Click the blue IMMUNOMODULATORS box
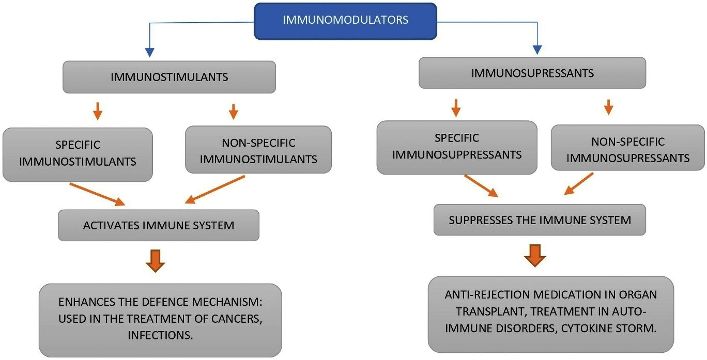click(x=345, y=21)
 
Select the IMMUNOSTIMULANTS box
click(x=169, y=77)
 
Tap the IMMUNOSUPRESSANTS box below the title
click(x=532, y=73)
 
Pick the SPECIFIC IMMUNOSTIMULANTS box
click(x=78, y=153)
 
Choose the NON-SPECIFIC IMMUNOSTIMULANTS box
click(x=258, y=150)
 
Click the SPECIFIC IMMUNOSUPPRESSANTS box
click(x=456, y=147)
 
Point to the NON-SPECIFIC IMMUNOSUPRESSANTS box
click(x=627, y=150)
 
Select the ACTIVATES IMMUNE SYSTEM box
click(x=158, y=225)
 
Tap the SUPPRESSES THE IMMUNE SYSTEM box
click(x=539, y=220)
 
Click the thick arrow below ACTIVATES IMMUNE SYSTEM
click(x=155, y=260)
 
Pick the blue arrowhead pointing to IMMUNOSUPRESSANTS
click(x=537, y=50)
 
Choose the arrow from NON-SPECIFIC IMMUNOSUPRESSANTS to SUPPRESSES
click(x=578, y=184)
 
